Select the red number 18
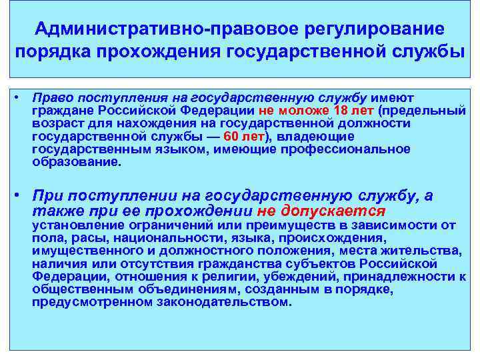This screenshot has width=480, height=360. point(341,110)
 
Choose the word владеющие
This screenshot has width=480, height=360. point(306,137)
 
